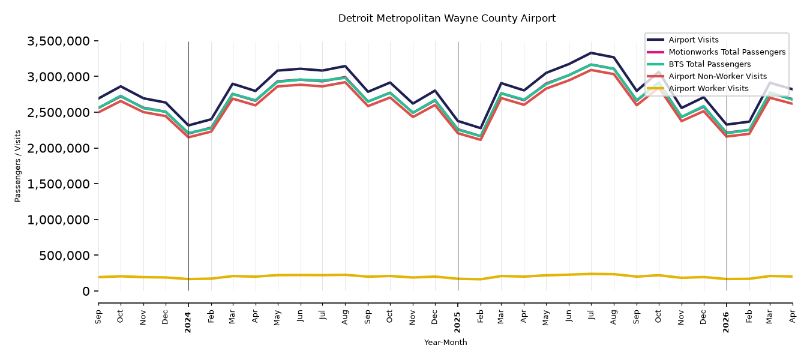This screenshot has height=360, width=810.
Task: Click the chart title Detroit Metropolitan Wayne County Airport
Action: pyautogui.click(x=446, y=19)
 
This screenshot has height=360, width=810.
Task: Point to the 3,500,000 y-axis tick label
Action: pyautogui.click(x=59, y=41)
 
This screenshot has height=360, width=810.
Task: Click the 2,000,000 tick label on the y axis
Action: pyautogui.click(x=59, y=148)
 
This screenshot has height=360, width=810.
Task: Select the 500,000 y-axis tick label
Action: pyautogui.click(x=64, y=256)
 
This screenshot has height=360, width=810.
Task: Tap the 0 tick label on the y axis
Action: pyautogui.click(x=86, y=292)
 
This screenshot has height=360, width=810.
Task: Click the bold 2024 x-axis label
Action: pyautogui.click(x=188, y=322)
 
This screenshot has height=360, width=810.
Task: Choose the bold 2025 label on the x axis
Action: pyautogui.click(x=457, y=322)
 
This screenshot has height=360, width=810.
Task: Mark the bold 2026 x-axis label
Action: pyautogui.click(x=727, y=322)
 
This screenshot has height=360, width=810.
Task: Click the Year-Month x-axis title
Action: pyautogui.click(x=445, y=342)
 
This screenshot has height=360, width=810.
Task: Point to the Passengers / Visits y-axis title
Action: pyautogui.click(x=18, y=166)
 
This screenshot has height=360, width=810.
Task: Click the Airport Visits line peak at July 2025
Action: pyautogui.click(x=591, y=53)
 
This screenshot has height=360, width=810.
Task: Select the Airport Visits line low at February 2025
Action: pyautogui.click(x=480, y=128)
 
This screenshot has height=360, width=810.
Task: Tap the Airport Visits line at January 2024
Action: pyautogui.click(x=188, y=125)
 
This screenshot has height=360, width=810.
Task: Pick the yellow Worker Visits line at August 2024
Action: pyautogui.click(x=346, y=275)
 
